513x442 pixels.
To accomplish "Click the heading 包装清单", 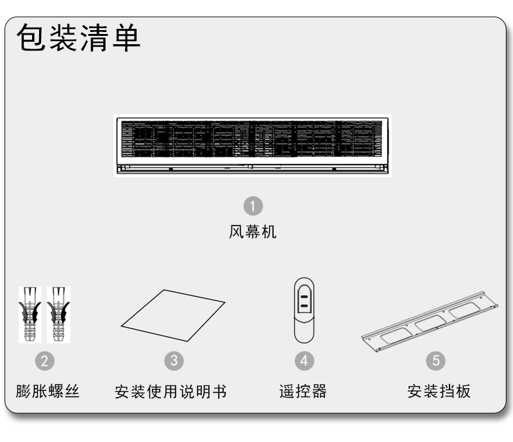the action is [78, 38].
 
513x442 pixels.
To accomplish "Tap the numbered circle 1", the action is [253, 206].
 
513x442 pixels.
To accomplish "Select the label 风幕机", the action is [253, 232].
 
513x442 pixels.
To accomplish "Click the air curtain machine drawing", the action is [253, 146].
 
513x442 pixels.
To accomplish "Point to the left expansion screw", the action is [29, 315].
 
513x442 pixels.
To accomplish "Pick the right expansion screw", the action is [58, 315].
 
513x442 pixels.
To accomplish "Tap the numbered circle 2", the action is [44, 361].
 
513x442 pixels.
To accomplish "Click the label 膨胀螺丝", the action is [47, 391].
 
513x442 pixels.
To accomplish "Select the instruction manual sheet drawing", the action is [173, 315].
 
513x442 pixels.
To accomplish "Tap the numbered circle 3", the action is [174, 361].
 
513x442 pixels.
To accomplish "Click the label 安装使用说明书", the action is [171, 391].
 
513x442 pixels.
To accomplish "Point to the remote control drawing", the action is [304, 310].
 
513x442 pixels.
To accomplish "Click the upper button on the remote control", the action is [304, 297].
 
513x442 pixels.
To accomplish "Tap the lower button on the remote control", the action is [304, 306].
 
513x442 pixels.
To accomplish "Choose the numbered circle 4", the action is [304, 361].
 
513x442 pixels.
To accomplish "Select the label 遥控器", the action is [303, 391].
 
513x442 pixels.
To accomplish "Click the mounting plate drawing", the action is [430, 322].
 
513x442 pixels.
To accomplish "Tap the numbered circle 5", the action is [435, 361].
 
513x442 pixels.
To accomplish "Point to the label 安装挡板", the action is [439, 391].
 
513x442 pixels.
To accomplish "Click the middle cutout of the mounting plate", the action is [430, 323].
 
